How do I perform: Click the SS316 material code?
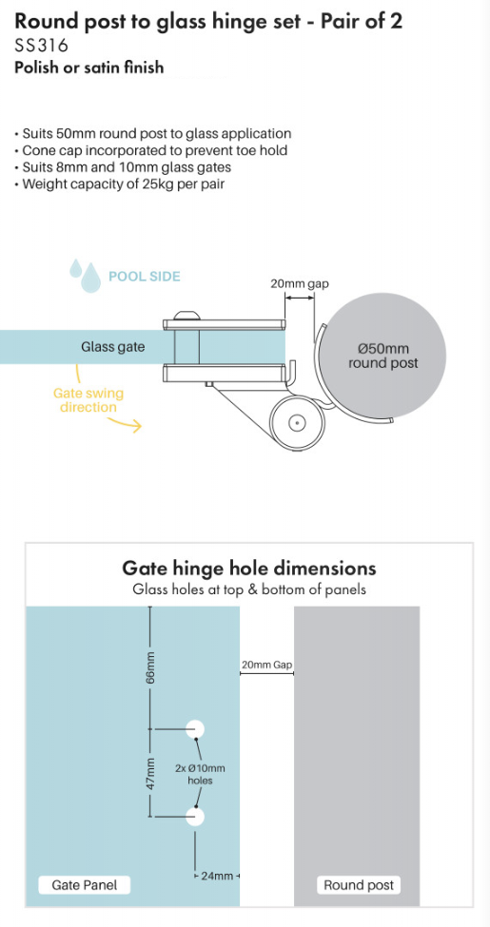click(42, 46)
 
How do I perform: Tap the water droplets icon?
click(85, 275)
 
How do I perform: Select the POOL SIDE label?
click(145, 276)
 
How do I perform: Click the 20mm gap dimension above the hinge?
click(300, 283)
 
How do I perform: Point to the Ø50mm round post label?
click(382, 356)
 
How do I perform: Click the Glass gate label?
click(112, 347)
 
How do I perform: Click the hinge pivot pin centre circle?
click(297, 422)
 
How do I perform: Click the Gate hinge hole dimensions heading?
click(249, 569)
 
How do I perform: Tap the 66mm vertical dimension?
click(150, 666)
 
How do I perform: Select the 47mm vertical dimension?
click(150, 773)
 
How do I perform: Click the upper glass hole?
click(195, 729)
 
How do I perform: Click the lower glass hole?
click(195, 817)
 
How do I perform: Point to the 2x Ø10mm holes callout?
click(200, 774)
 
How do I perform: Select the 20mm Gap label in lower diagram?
click(267, 665)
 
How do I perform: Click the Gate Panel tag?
click(84, 885)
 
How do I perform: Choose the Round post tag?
click(359, 885)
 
